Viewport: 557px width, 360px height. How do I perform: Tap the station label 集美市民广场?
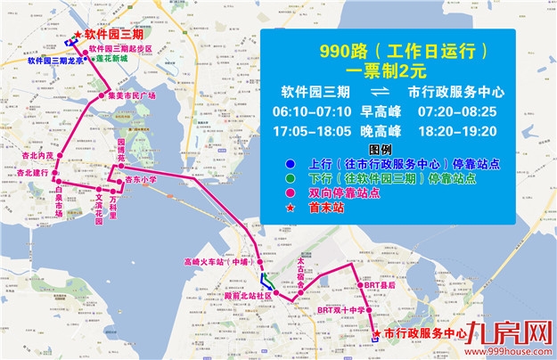(x=132, y=95)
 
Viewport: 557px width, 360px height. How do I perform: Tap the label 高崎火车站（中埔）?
(x=214, y=262)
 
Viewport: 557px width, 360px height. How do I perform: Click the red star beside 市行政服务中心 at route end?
(x=381, y=332)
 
